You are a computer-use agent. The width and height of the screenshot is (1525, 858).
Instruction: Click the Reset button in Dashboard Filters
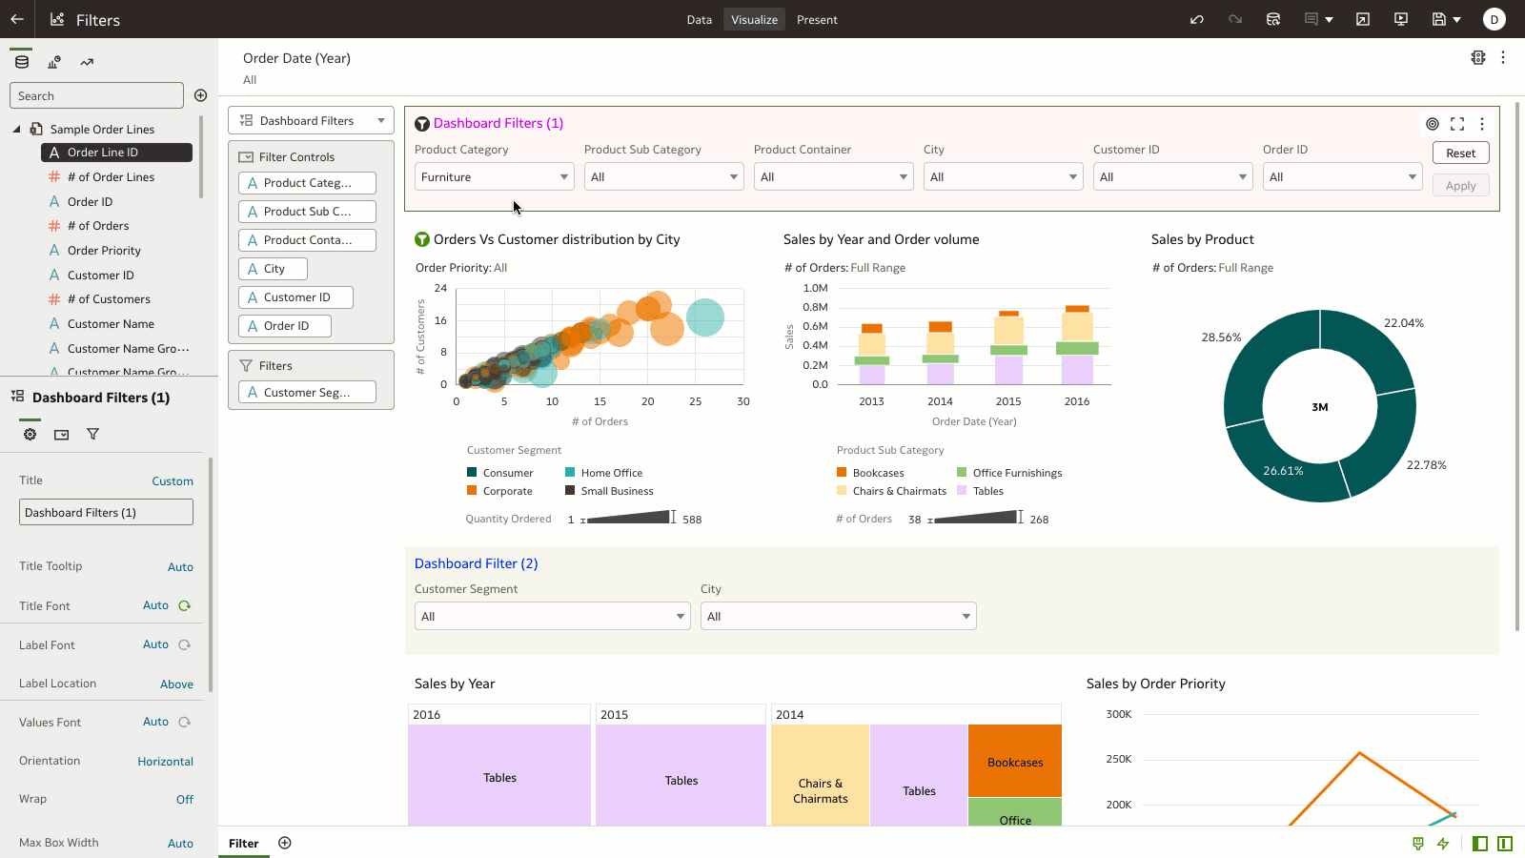1460,153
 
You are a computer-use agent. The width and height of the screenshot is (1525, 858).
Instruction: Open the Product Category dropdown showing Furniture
494,177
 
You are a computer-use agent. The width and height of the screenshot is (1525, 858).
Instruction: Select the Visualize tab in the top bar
754,20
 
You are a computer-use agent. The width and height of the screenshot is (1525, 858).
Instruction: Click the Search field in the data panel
96,96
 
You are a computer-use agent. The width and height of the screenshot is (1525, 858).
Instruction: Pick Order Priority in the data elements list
104,251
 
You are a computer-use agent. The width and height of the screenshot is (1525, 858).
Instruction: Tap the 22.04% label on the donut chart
1403,323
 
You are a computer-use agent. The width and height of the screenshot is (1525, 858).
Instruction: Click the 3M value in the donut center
1319,407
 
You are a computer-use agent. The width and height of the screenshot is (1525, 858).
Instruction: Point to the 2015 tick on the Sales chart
1008,401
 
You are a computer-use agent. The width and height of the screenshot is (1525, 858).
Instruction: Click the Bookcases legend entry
878,473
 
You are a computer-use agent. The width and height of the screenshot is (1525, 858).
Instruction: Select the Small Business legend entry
617,491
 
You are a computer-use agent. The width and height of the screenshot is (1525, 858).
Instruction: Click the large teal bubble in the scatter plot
704,317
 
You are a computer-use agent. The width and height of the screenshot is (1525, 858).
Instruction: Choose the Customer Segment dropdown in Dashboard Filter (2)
552,617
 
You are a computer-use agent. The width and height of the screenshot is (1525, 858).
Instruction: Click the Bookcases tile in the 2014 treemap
1014,762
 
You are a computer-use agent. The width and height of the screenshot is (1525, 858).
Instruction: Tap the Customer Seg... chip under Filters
307,393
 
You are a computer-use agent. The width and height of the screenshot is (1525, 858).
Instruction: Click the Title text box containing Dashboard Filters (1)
106,513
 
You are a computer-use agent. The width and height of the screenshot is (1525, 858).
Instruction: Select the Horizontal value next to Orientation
165,762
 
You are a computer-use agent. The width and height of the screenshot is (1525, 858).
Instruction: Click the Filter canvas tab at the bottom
243,844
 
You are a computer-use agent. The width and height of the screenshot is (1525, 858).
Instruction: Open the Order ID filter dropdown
1342,177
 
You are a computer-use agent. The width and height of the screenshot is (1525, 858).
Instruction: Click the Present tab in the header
817,20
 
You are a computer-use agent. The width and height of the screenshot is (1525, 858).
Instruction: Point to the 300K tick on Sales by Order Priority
1119,714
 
